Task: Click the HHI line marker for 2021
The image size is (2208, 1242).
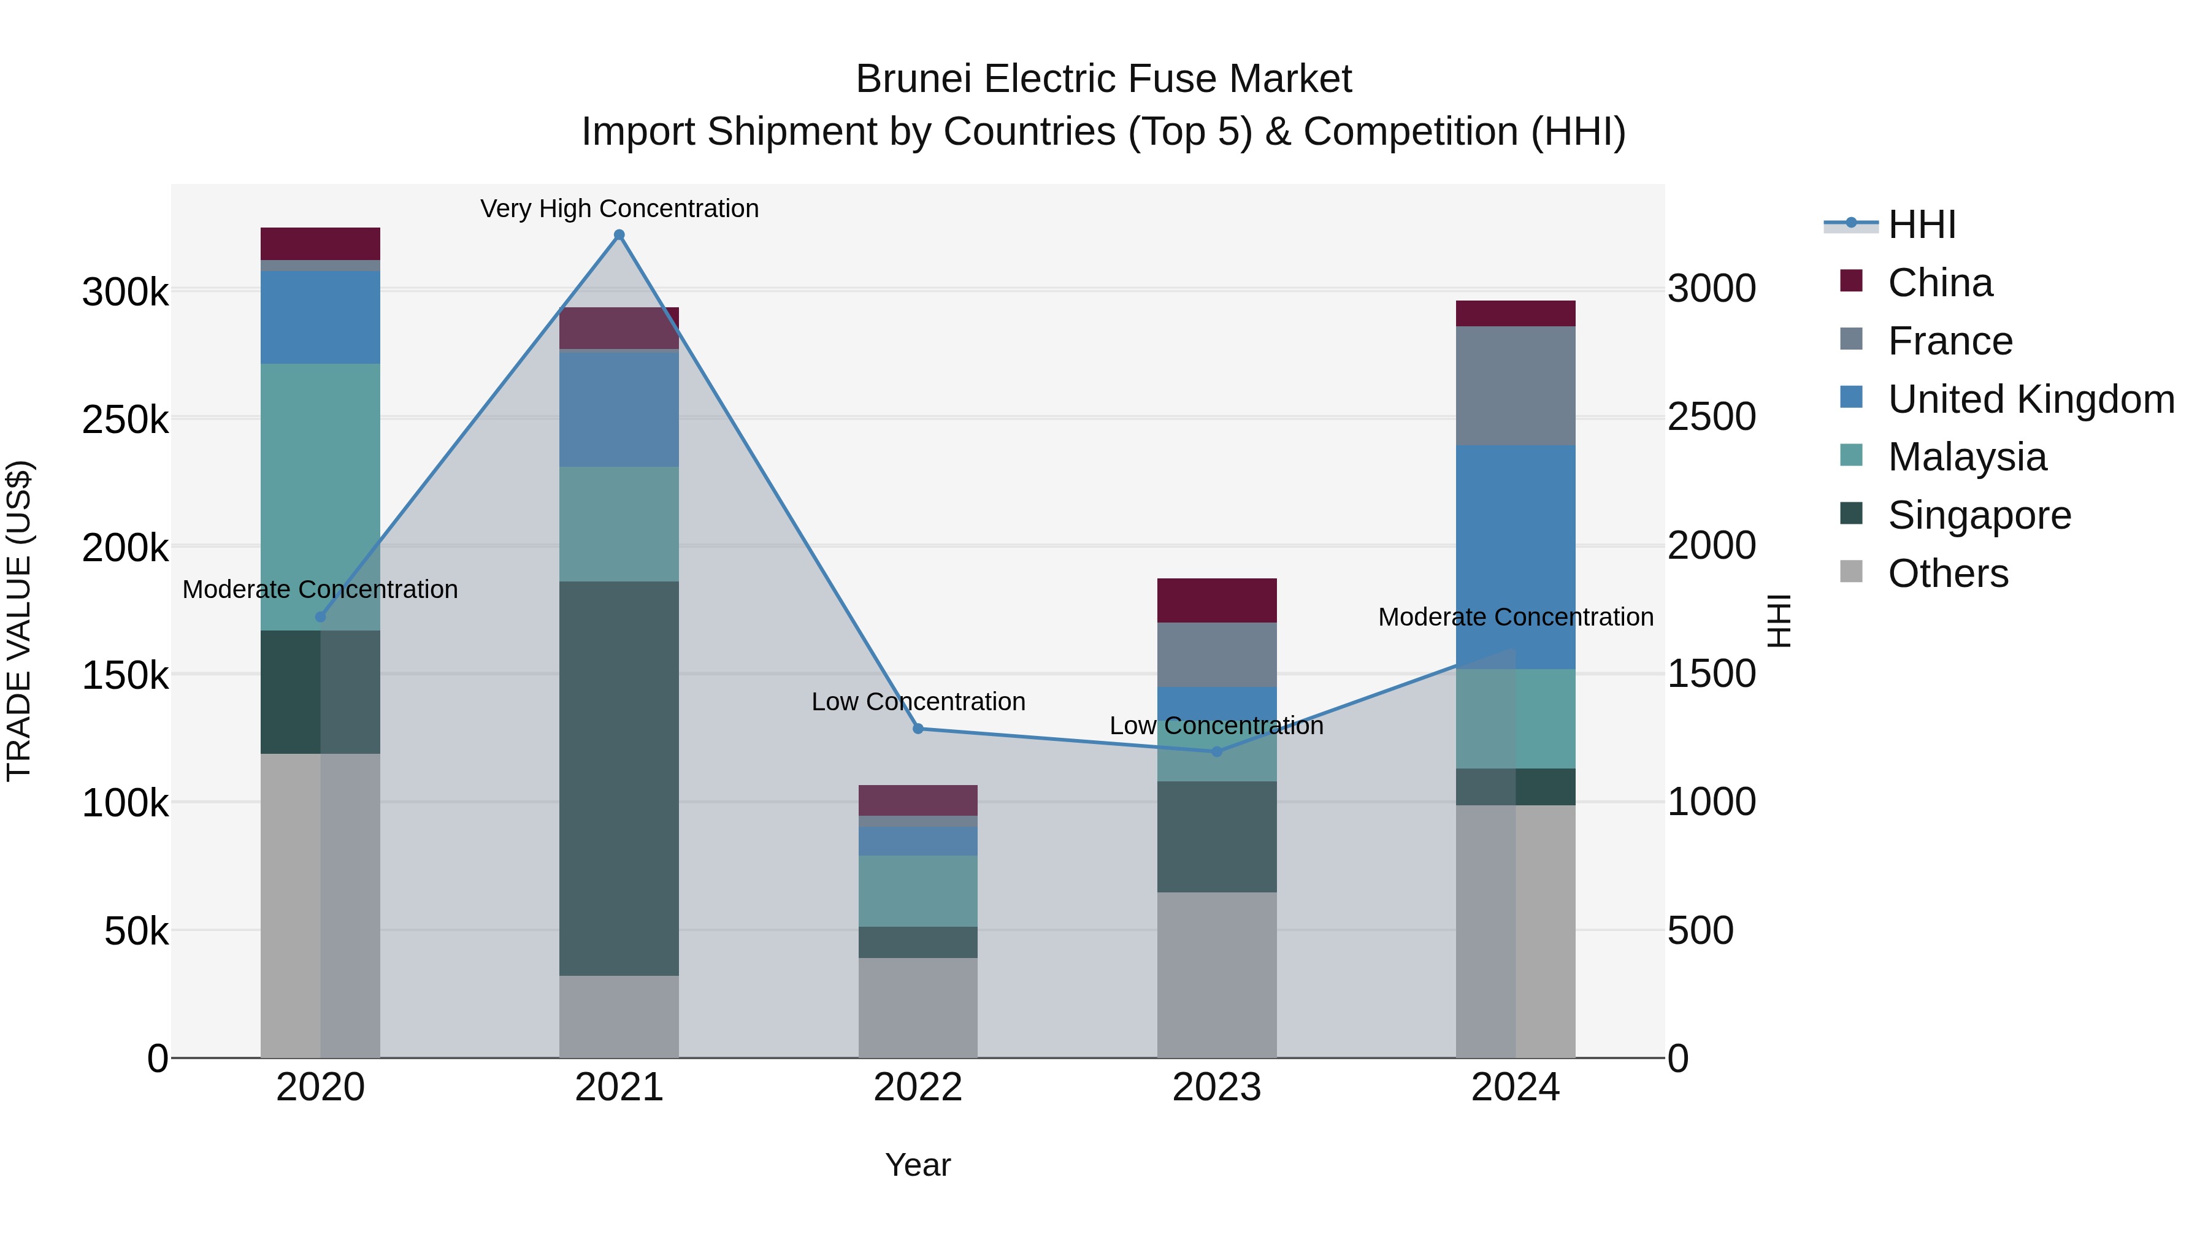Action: point(619,235)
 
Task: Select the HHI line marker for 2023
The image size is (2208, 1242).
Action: point(1216,752)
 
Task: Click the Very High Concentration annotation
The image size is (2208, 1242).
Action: point(619,209)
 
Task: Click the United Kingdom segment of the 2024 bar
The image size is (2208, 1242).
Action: point(1516,557)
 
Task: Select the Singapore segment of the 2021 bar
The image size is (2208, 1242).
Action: point(619,778)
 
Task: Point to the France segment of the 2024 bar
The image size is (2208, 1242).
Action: point(1516,386)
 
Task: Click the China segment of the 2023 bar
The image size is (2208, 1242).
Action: point(1216,600)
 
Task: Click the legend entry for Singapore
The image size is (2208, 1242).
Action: point(1978,515)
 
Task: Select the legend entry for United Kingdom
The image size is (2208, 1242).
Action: point(2030,399)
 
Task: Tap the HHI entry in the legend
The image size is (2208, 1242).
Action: point(1920,224)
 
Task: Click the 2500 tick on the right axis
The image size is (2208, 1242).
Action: point(1711,418)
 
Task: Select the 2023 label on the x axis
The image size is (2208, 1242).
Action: point(1216,1087)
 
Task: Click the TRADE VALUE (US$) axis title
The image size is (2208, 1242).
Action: point(19,621)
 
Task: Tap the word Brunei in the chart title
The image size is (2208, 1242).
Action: point(914,79)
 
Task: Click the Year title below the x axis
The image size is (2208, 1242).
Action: point(917,1165)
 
